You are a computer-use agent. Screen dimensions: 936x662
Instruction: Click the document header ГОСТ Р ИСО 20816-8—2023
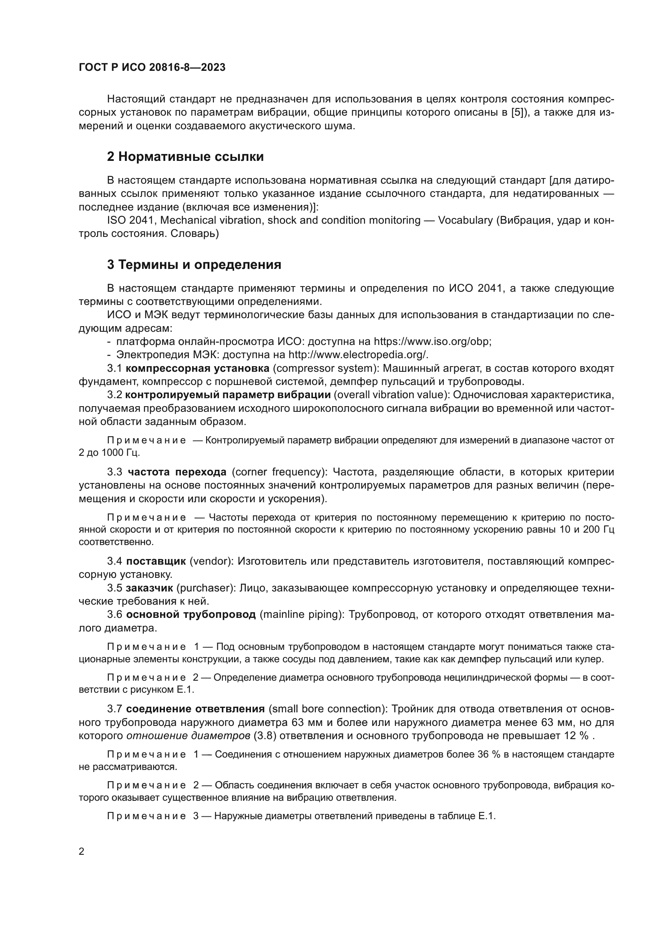[x=152, y=68]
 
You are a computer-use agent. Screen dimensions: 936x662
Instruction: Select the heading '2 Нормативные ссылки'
[x=185, y=156]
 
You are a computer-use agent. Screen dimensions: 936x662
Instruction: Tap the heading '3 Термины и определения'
[x=194, y=265]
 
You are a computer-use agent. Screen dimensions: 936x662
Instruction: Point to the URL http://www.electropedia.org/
[x=357, y=355]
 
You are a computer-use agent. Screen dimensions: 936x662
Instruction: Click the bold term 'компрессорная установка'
[x=197, y=368]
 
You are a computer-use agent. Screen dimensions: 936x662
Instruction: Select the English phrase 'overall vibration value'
[x=390, y=395]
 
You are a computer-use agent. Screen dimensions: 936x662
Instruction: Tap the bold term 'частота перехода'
[x=177, y=472]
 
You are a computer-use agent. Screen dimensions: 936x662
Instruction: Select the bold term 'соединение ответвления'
[x=195, y=709]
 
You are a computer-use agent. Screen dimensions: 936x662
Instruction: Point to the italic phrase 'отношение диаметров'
[x=189, y=736]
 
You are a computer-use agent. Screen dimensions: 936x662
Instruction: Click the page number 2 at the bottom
[x=82, y=851]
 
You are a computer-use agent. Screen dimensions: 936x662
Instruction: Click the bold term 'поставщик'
[x=156, y=561]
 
